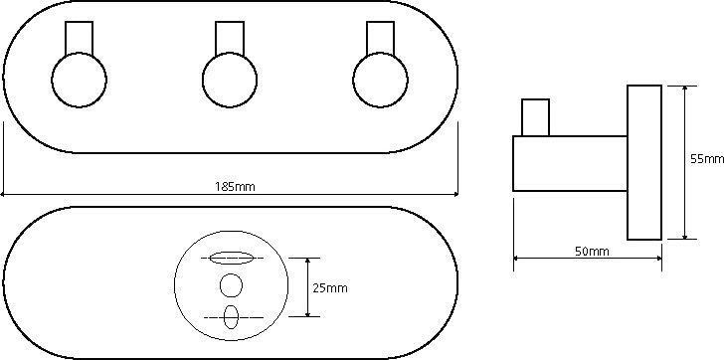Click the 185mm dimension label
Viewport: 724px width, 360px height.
click(x=235, y=187)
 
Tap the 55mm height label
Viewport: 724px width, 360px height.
click(x=707, y=159)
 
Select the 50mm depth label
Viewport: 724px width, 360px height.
click(x=592, y=252)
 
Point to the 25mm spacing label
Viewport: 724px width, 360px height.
click(x=330, y=288)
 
